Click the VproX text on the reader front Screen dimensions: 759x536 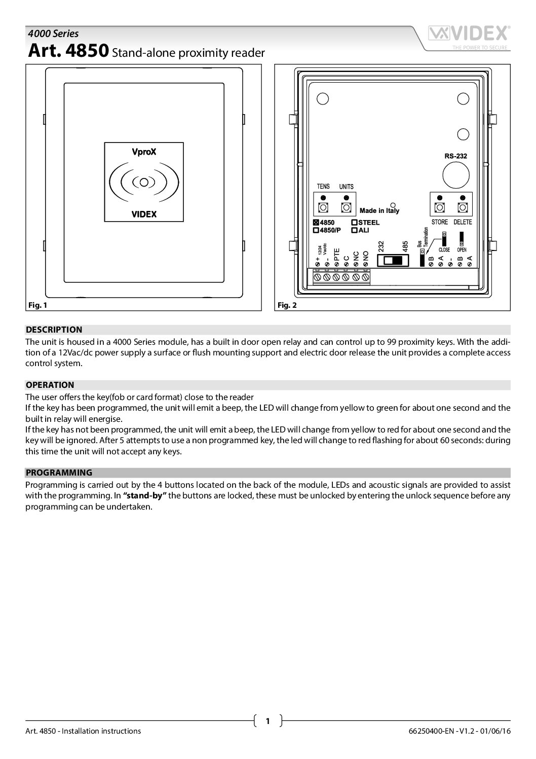(144, 152)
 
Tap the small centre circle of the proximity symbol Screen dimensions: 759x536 (144, 182)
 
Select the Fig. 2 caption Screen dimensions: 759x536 (287, 305)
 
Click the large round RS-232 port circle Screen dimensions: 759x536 (455, 175)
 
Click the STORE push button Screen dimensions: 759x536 (439, 207)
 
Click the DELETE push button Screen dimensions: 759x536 (462, 207)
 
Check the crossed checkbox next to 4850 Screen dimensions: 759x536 (316, 223)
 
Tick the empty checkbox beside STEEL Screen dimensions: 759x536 (355, 223)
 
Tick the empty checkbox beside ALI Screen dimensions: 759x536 (355, 230)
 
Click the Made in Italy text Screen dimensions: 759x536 (379, 210)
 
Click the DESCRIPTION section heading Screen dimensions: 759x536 (54, 330)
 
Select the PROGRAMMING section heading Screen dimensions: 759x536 (59, 473)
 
